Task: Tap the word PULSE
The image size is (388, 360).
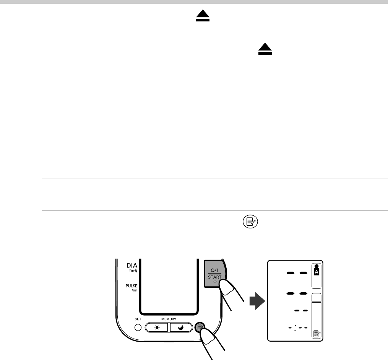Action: pyautogui.click(x=132, y=286)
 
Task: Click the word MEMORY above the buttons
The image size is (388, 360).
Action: pyautogui.click(x=169, y=319)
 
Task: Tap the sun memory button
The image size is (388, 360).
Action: pyautogui.click(x=156, y=327)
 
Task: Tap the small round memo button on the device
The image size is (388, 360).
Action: pyautogui.click(x=199, y=327)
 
